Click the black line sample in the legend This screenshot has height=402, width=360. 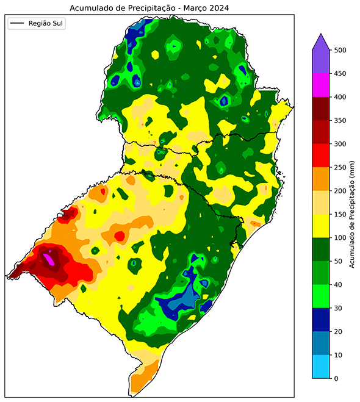coord(18,24)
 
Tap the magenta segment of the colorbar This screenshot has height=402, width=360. coord(322,85)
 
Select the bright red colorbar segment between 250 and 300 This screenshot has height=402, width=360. coord(322,156)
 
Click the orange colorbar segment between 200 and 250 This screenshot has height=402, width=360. coord(322,179)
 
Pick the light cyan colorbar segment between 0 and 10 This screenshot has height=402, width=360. coord(322,367)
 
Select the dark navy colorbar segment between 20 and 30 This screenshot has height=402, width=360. coord(322,320)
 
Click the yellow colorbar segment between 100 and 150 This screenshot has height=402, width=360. coord(322,226)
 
